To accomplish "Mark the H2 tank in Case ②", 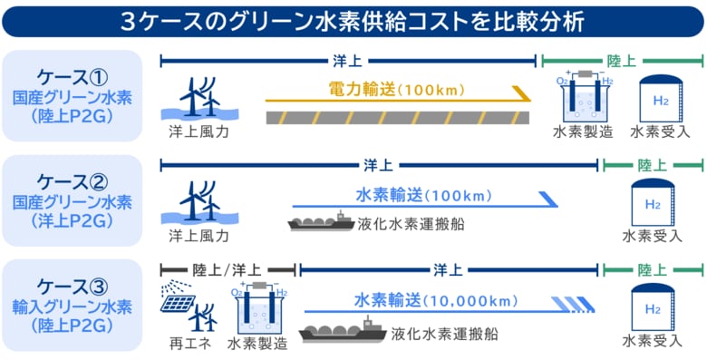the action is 652,203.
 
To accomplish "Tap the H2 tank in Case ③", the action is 652,307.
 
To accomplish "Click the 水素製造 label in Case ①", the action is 583,131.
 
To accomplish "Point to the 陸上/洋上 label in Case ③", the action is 228,269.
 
